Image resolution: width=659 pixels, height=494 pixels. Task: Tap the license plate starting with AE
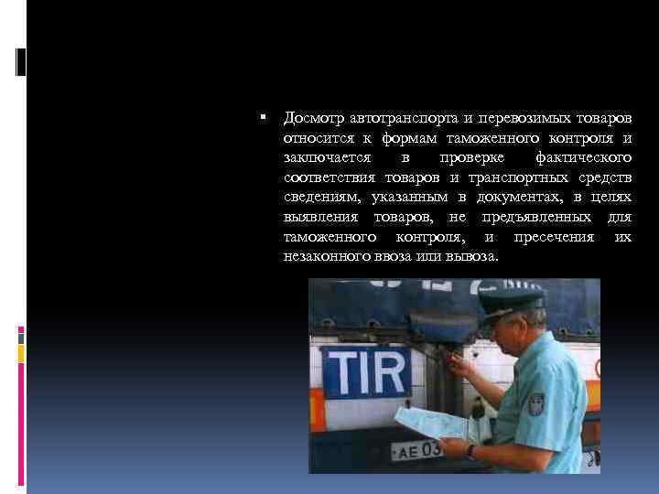[x=416, y=449]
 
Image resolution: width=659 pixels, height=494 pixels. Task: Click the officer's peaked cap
[x=512, y=299]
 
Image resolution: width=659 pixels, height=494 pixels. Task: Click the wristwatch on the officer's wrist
[x=470, y=450]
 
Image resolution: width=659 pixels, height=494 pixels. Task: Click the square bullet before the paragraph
[x=262, y=119]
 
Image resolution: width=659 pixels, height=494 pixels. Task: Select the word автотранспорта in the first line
[x=401, y=119]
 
